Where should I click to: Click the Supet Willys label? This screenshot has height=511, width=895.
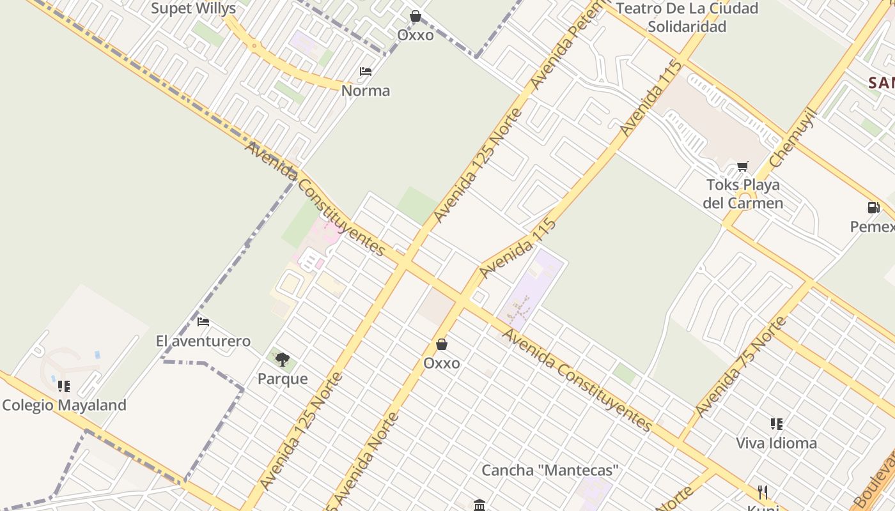point(193,9)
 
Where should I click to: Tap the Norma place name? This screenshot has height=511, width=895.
point(365,91)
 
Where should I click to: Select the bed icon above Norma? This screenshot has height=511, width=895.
point(366,72)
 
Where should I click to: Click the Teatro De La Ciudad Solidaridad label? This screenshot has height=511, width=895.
point(687,17)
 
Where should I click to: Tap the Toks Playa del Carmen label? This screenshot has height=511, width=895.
point(743,194)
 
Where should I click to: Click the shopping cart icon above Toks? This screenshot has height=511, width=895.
point(742,167)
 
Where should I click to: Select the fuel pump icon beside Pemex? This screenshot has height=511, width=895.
point(873,208)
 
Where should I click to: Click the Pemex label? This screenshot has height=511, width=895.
point(873,227)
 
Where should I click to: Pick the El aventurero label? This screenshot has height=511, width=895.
point(203,341)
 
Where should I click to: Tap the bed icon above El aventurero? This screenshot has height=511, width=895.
point(203,322)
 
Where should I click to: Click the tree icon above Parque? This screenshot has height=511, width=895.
point(282,360)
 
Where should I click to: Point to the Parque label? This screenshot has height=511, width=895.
point(283,379)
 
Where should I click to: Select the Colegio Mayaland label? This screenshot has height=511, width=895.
point(64,405)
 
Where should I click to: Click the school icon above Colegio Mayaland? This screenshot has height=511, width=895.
point(64,386)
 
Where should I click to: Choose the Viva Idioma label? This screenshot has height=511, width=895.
point(776,443)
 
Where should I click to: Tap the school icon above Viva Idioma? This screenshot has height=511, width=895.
point(776,424)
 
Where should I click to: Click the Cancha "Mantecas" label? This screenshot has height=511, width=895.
point(550,471)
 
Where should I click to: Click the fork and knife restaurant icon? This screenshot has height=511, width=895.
point(762,492)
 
